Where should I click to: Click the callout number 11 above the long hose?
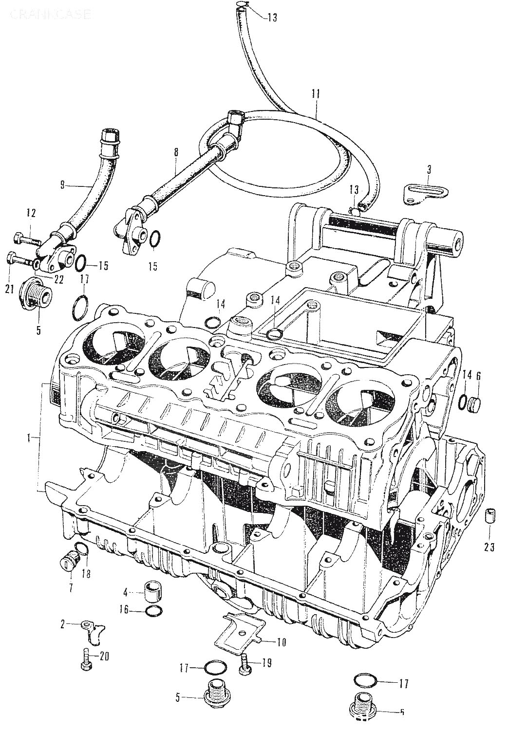tap(315, 93)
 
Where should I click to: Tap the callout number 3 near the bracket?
tap(429, 169)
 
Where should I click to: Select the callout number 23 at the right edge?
tap(489, 547)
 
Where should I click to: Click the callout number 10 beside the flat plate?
tap(281, 642)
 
